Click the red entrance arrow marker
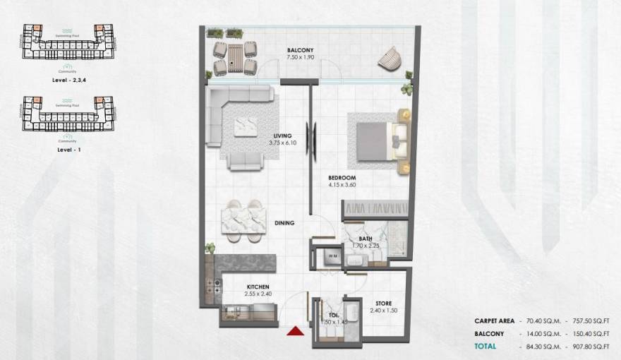pos(296,330)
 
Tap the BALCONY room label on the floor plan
pos(300,50)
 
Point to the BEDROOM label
pos(342,177)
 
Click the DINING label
pos(284,223)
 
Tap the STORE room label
pos(383,304)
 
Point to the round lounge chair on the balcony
pos(388,58)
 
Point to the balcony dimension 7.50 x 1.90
pos(300,58)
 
